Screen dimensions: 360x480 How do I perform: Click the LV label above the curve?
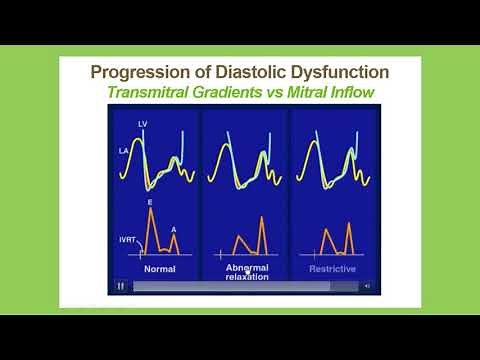tap(144, 123)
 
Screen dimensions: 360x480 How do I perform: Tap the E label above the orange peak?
tap(151, 204)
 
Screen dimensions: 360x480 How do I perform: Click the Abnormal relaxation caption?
tap(246, 272)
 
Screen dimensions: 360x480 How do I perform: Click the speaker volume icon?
tap(368, 286)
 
